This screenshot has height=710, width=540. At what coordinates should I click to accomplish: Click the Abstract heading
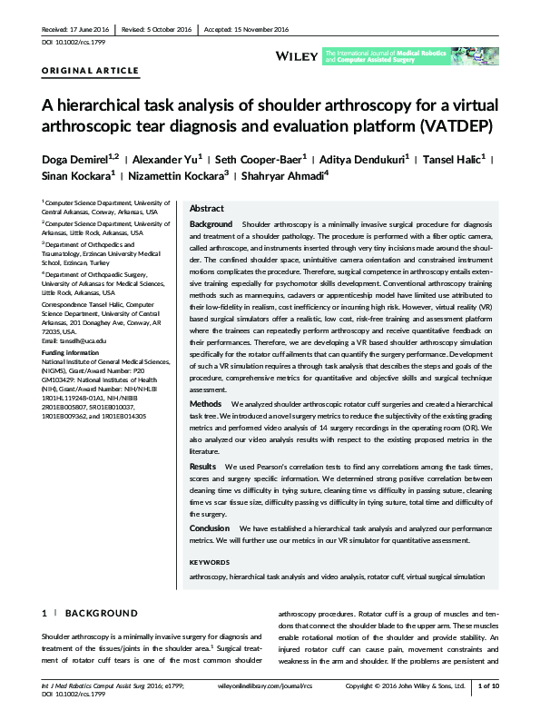(207, 208)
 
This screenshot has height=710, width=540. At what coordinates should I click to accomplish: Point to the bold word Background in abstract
(211, 223)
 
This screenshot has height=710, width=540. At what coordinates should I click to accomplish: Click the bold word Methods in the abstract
(204, 428)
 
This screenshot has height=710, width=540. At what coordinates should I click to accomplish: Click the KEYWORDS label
(211, 562)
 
